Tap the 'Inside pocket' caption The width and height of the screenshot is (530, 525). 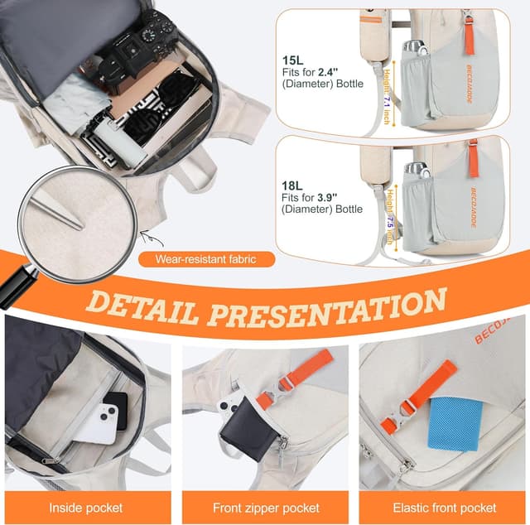click(x=85, y=508)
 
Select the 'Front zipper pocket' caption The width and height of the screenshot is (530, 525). click(x=265, y=508)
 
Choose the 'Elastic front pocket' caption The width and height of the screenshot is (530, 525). click(x=445, y=508)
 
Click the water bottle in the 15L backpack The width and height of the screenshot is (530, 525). click(x=415, y=75)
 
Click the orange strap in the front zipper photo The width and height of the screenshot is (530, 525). click(x=298, y=377)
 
